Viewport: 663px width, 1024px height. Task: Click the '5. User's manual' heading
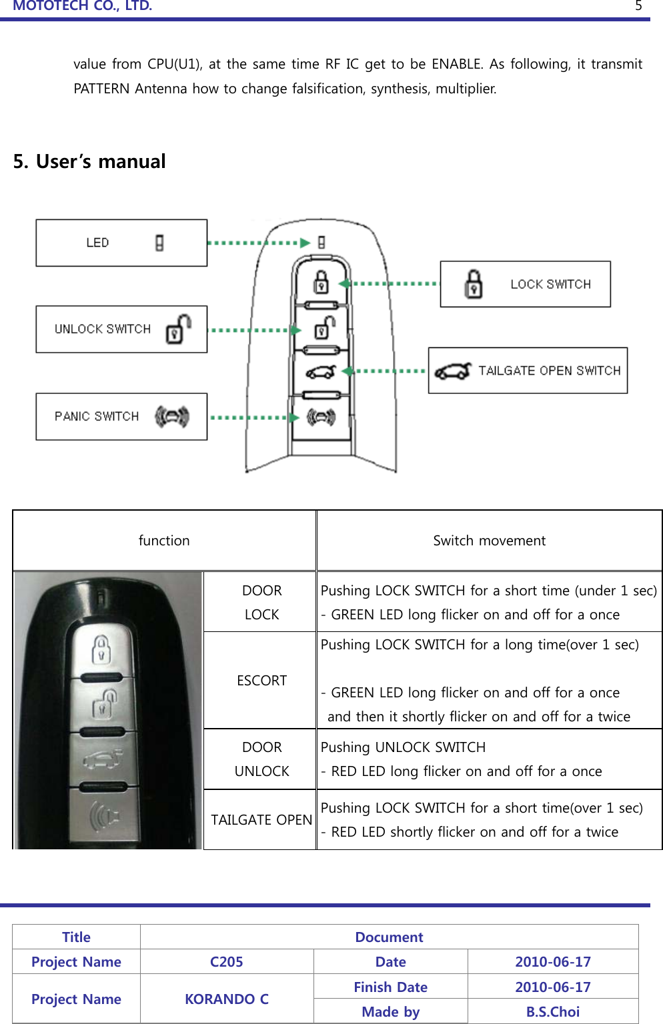(x=89, y=161)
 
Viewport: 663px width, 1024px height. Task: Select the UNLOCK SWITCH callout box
(x=121, y=329)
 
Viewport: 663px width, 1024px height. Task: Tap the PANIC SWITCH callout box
(x=121, y=417)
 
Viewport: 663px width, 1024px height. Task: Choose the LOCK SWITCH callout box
(x=525, y=284)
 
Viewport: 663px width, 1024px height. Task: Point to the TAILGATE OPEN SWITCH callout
(x=528, y=371)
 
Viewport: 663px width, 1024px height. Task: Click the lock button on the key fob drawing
(x=321, y=282)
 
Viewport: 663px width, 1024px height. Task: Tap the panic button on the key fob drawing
(x=321, y=417)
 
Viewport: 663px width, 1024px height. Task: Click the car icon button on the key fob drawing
(x=321, y=372)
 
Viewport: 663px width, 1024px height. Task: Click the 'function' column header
(x=164, y=541)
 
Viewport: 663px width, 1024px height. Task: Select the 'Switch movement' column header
(x=489, y=541)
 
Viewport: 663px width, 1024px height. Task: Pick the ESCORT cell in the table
(x=261, y=681)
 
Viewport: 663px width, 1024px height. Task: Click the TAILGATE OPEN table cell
(x=261, y=820)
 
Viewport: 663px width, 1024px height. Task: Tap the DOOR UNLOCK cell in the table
(x=261, y=759)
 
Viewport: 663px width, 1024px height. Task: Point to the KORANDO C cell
(x=227, y=999)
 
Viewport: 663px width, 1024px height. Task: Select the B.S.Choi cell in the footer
(x=552, y=1011)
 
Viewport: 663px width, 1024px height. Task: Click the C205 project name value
(x=227, y=962)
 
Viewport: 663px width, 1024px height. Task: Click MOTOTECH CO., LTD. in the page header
(x=83, y=6)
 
